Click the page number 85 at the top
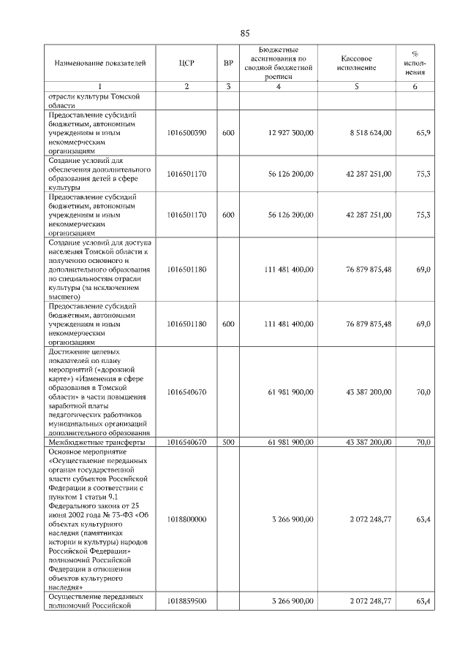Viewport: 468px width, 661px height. (x=245, y=33)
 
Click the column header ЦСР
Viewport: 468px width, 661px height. (x=186, y=64)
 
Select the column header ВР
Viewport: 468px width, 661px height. (x=228, y=64)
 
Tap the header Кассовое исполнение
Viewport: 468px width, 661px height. (x=358, y=63)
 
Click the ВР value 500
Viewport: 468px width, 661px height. (x=228, y=442)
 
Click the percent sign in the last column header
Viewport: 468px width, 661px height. (x=415, y=53)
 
